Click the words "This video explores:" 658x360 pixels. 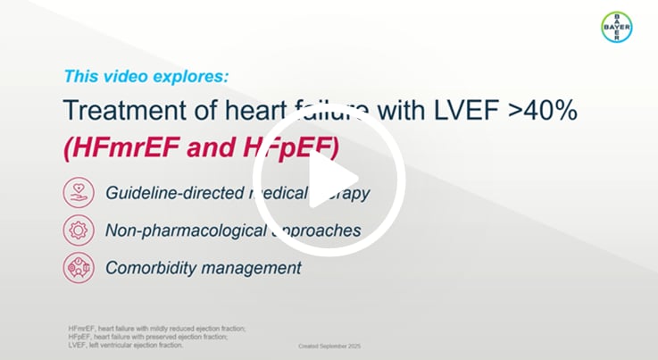[146, 76]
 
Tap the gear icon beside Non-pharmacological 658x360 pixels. [78, 230]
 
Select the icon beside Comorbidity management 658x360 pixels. [78, 268]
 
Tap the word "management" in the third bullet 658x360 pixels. [252, 268]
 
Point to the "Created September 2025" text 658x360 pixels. [329, 346]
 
